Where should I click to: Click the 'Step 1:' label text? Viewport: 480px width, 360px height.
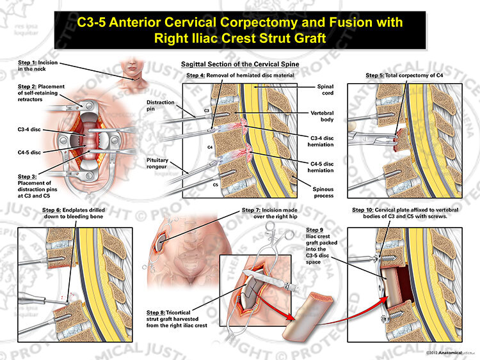pos(27,63)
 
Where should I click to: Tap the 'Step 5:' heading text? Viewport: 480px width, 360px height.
pos(374,75)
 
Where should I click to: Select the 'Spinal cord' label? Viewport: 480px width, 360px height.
pos(325,90)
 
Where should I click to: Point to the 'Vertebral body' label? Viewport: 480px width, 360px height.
pos(322,116)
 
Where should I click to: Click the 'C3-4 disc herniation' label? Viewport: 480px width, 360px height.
pos(321,141)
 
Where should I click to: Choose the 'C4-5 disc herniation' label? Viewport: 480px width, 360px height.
pos(321,167)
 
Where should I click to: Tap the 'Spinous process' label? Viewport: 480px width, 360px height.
pos(323,192)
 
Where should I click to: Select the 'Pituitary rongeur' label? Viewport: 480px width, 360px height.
pos(157,163)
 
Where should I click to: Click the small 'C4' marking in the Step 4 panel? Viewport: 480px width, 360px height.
pos(210,147)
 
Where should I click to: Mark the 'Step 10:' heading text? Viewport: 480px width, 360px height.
pos(362,210)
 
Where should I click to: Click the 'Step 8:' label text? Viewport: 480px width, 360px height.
pos(156,313)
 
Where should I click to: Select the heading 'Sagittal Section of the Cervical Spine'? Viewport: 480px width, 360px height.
pos(240,64)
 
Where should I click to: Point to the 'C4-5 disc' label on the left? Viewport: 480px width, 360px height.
pos(29,152)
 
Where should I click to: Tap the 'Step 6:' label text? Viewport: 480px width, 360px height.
pos(52,210)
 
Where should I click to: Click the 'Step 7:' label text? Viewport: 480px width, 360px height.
pos(251,210)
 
